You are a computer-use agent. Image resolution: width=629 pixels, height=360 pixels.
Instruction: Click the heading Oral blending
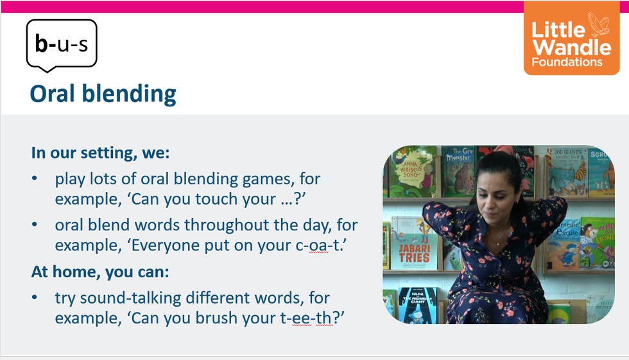pos(103,94)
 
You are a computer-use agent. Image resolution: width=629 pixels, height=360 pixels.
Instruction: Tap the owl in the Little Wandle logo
pos(598,24)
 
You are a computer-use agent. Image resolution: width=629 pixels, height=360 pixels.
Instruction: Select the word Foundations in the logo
pos(567,62)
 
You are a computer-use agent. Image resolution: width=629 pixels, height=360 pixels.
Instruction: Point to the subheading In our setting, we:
pos(100,153)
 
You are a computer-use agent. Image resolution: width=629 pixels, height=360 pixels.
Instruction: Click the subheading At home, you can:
pos(100,272)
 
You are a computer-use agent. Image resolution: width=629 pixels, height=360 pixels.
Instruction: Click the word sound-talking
pos(130,298)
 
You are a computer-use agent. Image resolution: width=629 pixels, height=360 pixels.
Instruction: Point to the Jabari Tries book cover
pos(414,244)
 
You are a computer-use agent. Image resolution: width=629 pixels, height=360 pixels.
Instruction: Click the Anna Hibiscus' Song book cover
pos(413,171)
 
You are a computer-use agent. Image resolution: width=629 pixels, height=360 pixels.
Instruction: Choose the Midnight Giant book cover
pos(417,305)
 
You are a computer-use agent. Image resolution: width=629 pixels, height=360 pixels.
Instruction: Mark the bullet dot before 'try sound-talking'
pos(35,298)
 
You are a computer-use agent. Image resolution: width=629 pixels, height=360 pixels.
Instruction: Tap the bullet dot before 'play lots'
pos(35,179)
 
